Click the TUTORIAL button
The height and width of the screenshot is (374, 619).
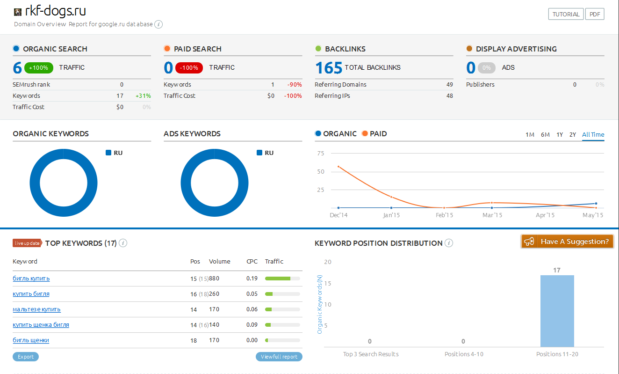566,14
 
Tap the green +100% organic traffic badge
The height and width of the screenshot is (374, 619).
38,68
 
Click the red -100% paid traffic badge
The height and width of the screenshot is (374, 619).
189,68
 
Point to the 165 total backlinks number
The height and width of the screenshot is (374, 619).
329,68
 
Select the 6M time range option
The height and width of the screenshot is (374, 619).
545,135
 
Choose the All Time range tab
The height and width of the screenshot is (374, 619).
593,135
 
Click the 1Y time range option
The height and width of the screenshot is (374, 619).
560,135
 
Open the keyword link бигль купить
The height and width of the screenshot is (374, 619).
31,279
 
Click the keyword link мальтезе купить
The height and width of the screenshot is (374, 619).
36,309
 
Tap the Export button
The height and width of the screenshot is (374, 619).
26,357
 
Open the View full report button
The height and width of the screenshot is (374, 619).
279,357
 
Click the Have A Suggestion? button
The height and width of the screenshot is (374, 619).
567,242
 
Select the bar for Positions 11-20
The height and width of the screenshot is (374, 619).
557,311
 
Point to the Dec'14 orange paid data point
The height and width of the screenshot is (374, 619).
338,167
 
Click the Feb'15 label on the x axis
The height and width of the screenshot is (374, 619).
444,215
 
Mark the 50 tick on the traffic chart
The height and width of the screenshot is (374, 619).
320,172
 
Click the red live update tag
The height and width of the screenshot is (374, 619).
27,243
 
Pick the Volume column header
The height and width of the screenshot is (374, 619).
219,262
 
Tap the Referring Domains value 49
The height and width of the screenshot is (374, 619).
450,85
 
